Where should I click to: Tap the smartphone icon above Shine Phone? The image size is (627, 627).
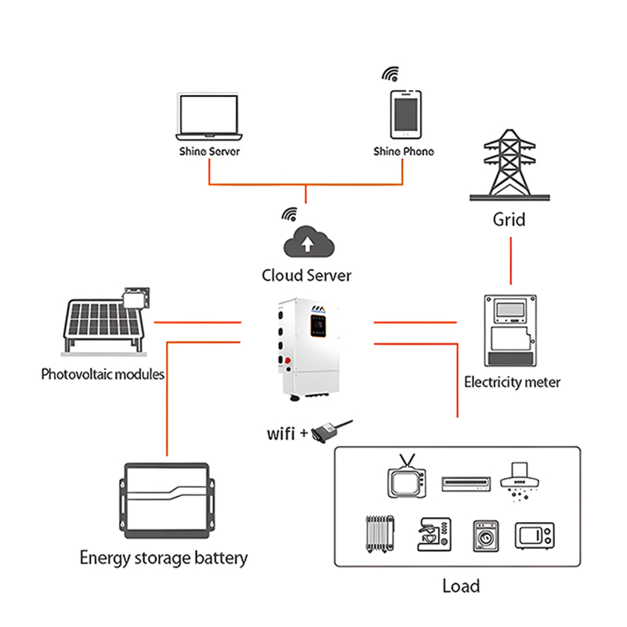coord(405,114)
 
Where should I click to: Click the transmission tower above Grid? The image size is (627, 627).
coord(509,164)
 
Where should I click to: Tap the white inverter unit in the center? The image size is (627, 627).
coord(310,350)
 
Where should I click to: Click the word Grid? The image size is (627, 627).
coord(509,219)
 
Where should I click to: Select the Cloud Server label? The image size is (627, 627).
coord(306,275)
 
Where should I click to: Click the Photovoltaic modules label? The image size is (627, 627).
coord(103,374)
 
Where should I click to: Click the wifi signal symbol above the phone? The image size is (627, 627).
coord(390,74)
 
